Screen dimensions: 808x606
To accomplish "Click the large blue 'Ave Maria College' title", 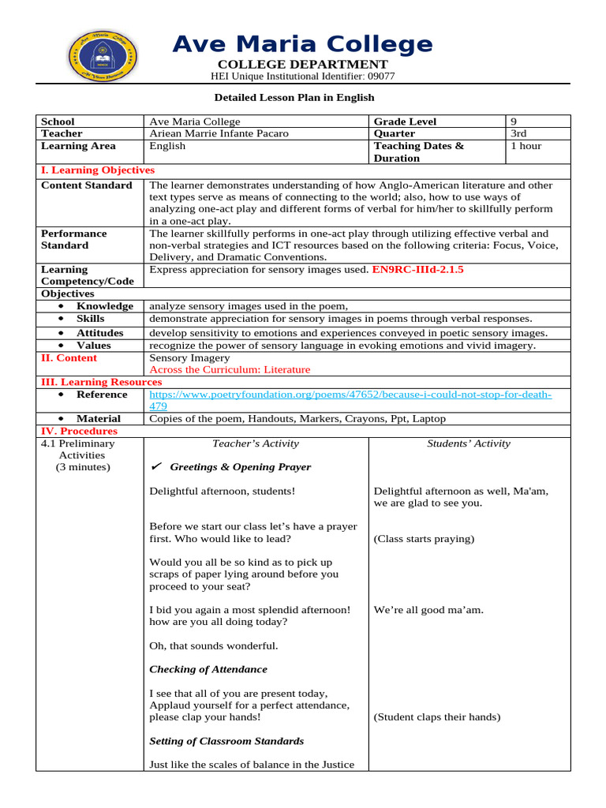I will pyautogui.click(x=302, y=44).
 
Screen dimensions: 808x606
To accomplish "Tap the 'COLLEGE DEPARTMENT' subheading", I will pyautogui.click(x=302, y=64).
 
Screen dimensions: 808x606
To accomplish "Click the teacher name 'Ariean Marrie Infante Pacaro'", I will pyautogui.click(x=219, y=133).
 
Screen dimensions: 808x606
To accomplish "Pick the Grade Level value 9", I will pyautogui.click(x=514, y=122).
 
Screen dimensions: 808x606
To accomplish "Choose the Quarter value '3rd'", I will pyautogui.click(x=519, y=133).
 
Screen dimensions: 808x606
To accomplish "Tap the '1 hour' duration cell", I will pyautogui.click(x=526, y=146).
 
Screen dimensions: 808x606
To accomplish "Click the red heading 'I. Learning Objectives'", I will pyautogui.click(x=98, y=170).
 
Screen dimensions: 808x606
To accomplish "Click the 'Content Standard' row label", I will pyautogui.click(x=87, y=185).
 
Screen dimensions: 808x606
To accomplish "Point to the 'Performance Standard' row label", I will pyautogui.click(x=74, y=239).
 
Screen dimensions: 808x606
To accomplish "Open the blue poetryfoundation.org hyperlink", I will pyautogui.click(x=350, y=395).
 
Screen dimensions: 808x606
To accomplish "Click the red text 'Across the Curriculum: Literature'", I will pyautogui.click(x=230, y=369).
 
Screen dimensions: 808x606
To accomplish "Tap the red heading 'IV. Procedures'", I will pyautogui.click(x=79, y=432).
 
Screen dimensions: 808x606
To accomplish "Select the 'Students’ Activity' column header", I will pyautogui.click(x=469, y=443).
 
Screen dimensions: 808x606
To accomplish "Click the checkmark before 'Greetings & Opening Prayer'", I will pyautogui.click(x=155, y=467).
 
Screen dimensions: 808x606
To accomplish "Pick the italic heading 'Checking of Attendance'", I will pyautogui.click(x=208, y=669).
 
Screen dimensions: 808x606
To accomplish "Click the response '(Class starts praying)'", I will pyautogui.click(x=424, y=539).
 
